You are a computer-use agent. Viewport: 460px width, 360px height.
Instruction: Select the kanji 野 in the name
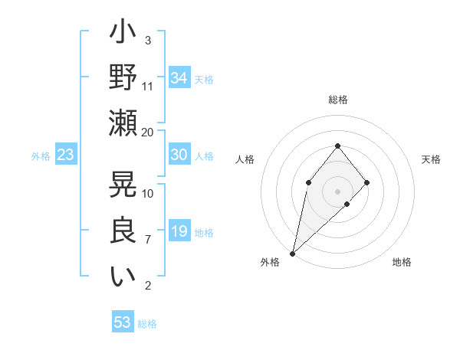pos(123,78)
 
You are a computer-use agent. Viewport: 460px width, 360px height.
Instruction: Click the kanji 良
pos(123,231)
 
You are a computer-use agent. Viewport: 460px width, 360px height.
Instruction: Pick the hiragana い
pos(123,277)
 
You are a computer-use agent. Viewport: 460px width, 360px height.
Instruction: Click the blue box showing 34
pos(179,78)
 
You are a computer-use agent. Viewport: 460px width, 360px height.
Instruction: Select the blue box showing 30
pos(179,155)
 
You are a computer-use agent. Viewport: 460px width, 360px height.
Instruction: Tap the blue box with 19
pos(179,232)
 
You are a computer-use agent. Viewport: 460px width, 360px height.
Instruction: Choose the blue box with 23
pos(66,155)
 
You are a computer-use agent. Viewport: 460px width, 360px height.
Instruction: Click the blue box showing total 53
pos(123,322)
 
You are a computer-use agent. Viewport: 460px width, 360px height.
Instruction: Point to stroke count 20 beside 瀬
pos(148,132)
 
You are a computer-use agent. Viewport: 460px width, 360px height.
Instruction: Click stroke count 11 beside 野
pos(148,86)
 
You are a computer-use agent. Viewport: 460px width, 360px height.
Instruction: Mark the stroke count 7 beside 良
pos(148,240)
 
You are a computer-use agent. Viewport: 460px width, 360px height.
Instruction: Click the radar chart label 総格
pos(338,100)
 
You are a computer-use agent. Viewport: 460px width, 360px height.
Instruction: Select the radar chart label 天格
pos(431,159)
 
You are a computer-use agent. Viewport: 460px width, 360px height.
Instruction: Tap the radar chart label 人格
pos(245,159)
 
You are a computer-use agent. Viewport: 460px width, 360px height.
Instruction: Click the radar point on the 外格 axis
pos(292,253)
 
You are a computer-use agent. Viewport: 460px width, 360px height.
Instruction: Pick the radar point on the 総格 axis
pos(338,146)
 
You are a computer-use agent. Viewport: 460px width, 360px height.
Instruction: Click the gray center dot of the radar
pos(338,191)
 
